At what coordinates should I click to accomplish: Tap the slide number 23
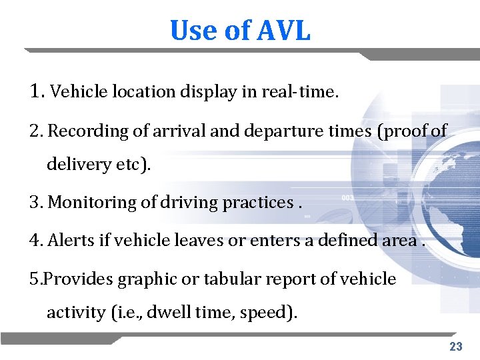456,346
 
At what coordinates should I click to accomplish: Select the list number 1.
37,91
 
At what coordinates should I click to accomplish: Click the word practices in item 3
257,201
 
